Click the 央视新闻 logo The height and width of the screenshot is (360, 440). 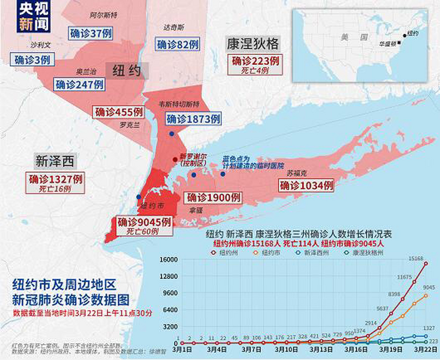tap(34, 16)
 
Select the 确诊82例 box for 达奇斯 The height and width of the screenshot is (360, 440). tap(178, 44)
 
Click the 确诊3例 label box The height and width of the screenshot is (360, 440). tap(32, 60)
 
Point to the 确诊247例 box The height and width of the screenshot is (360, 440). tap(79, 84)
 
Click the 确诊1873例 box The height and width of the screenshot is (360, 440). tap(193, 119)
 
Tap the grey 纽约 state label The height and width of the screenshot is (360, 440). tap(127, 71)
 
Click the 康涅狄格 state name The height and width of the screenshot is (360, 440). tap(253, 44)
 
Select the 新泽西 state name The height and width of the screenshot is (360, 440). tap(55, 161)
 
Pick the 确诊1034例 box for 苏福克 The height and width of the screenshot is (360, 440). tap(306, 186)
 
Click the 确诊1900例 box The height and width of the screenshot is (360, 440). tap(213, 198)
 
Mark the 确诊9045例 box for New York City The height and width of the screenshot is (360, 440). tap(144, 222)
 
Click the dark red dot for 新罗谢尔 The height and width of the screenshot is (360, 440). tap(175, 159)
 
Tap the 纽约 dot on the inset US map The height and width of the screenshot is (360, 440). tap(405, 35)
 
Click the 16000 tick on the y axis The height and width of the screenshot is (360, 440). tap(169, 260)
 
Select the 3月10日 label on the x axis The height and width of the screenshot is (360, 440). tap(286, 350)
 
